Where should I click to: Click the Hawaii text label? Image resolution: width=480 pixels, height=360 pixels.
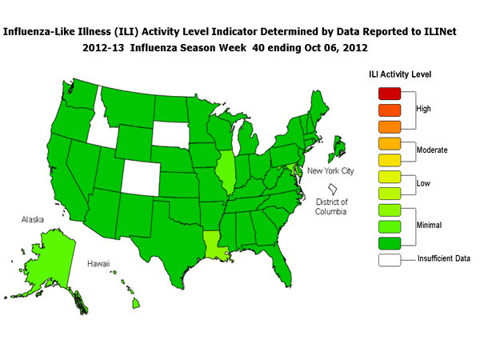99,262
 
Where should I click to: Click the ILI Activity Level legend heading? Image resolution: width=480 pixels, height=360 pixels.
400,74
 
